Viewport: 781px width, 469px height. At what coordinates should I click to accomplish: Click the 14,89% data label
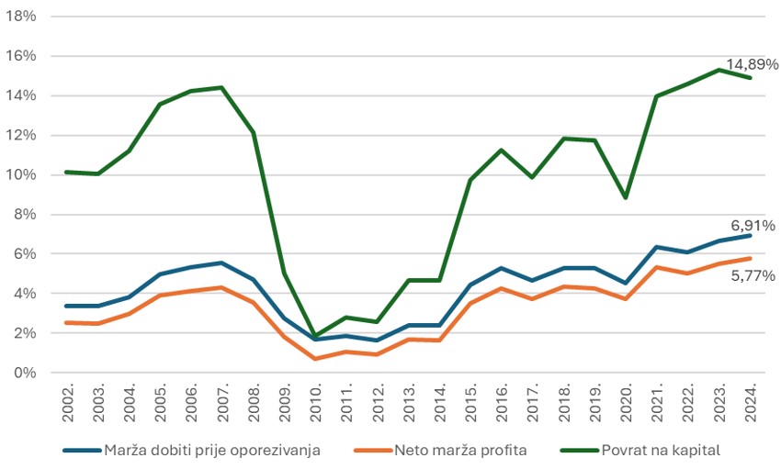tap(752, 64)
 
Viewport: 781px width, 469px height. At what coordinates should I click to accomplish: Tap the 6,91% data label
tap(753, 225)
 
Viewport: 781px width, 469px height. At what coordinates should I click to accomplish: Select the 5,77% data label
tap(753, 274)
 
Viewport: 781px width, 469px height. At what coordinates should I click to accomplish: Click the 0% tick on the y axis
tap(23, 373)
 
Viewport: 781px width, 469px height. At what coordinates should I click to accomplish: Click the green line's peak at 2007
tap(221, 87)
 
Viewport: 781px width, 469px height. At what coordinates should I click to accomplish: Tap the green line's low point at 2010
tap(315, 337)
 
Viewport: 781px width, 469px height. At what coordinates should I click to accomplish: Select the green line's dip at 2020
tap(626, 197)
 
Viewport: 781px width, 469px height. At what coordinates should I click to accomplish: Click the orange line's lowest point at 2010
tap(315, 359)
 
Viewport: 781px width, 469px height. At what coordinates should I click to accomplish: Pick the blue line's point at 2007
tap(221, 262)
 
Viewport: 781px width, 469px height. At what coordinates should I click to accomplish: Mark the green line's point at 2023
tap(719, 70)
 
